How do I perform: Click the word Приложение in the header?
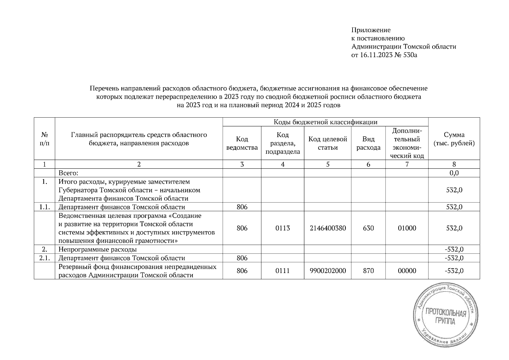click(371, 30)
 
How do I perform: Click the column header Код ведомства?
click(242, 143)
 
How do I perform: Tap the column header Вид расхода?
click(368, 143)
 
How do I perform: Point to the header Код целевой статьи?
click(328, 143)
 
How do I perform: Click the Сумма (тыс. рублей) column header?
click(454, 139)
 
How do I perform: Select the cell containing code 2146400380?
click(328, 228)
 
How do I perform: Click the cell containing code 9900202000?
click(328, 271)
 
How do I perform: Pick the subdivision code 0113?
click(283, 228)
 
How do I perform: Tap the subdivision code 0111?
click(283, 271)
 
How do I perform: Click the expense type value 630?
click(368, 228)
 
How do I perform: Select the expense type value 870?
click(368, 271)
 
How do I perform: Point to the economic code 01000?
click(407, 228)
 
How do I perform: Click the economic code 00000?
click(407, 271)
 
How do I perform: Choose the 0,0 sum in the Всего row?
click(454, 173)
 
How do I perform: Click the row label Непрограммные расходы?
click(98, 249)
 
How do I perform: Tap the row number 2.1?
click(44, 258)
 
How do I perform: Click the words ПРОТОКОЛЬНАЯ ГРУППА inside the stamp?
click(445, 317)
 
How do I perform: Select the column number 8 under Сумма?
click(454, 164)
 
